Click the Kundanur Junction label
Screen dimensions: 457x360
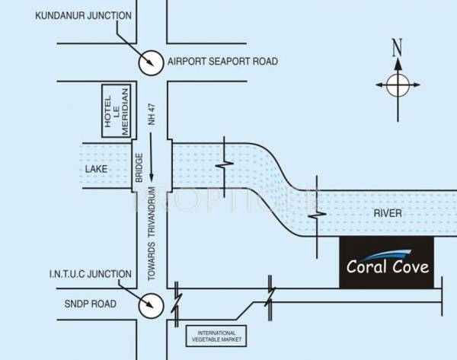83,15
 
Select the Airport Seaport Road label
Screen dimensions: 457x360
222,62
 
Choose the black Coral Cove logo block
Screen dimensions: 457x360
386,262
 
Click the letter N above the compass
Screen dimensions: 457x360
397,47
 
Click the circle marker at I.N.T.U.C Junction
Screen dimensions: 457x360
150,306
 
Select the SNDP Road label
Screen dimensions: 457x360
90,304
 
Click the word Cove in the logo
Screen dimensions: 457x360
410,267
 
